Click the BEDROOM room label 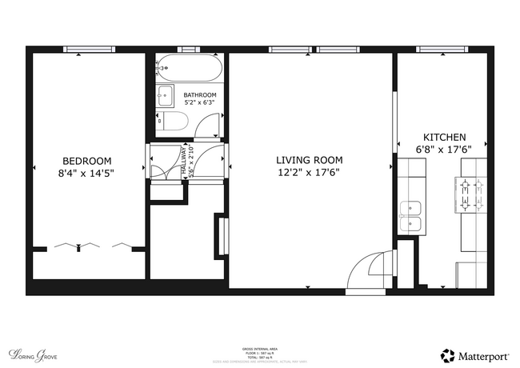pos(87,160)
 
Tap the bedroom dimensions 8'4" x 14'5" pos(87,172)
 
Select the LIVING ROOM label pos(310,160)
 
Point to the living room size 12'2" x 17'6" pos(310,172)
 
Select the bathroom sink pos(166,96)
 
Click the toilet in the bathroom pos(173,122)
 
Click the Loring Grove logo pos(34,353)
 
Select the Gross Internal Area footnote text pos(259,353)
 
